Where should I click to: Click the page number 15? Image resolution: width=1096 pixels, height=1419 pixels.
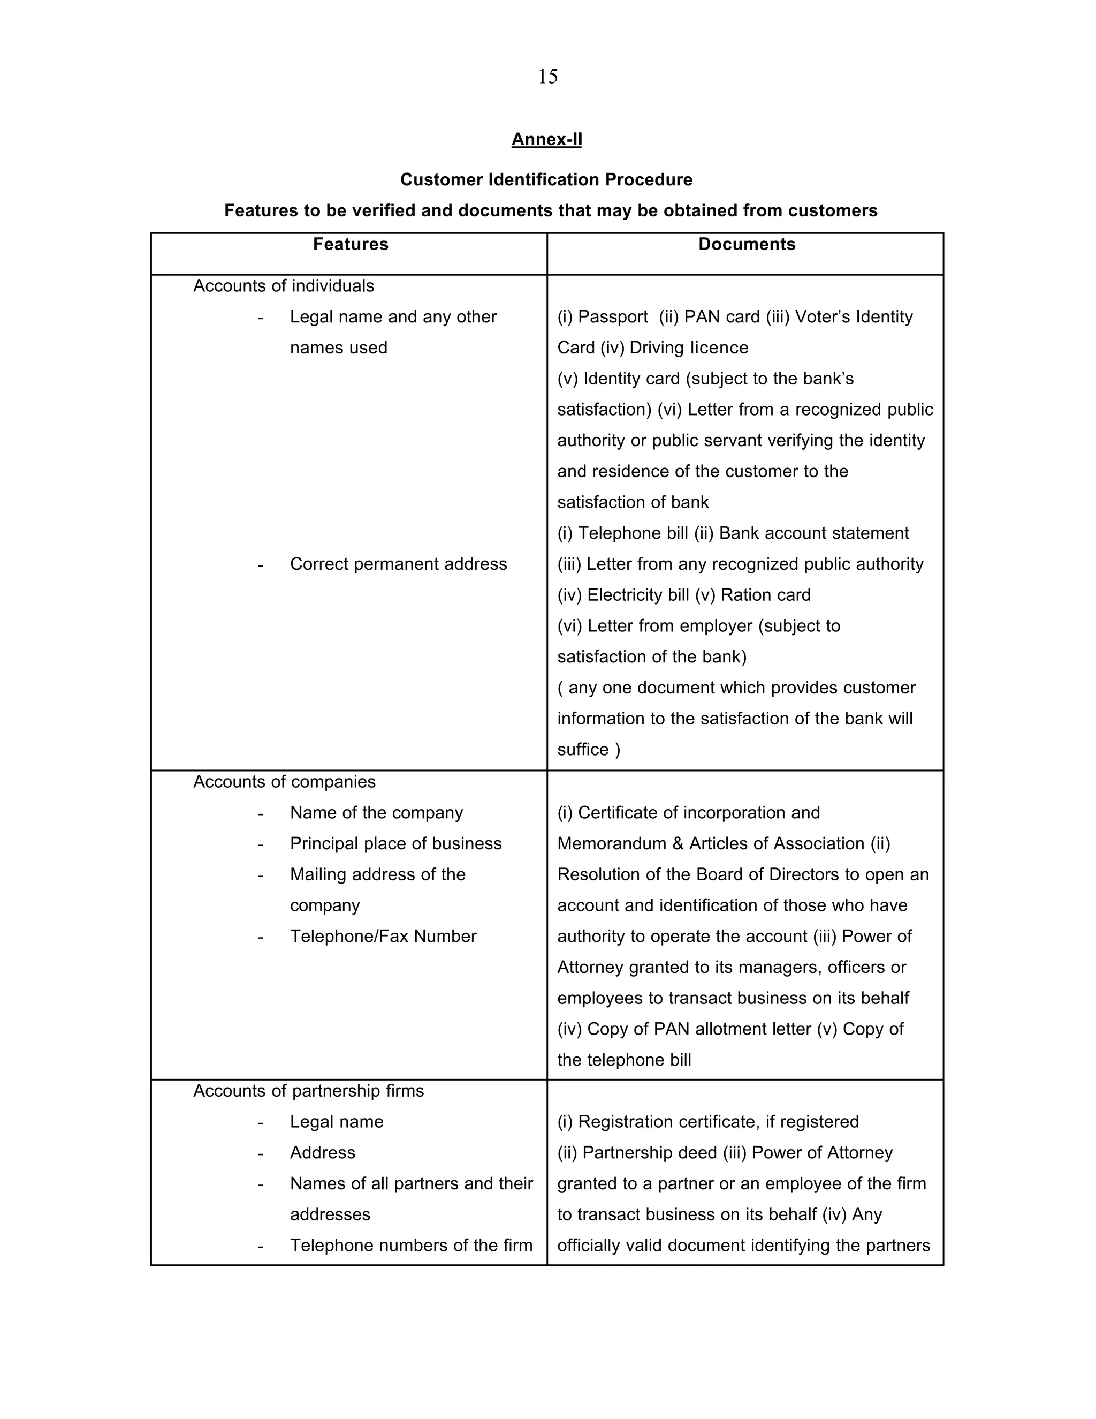coord(547,77)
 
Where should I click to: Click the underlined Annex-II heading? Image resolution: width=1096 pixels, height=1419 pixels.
coord(547,139)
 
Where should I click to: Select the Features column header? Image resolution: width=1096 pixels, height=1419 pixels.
coord(351,244)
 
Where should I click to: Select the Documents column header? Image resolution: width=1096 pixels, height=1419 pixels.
coord(747,244)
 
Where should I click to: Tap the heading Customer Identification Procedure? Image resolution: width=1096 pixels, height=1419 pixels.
coord(546,179)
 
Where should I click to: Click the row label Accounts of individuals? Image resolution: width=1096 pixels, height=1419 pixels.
coord(284,286)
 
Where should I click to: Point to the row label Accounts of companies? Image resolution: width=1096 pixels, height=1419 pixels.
coord(284,782)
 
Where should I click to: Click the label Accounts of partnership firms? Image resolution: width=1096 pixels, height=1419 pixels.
coord(308,1091)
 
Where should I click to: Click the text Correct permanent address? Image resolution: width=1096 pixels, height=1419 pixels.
coord(398,564)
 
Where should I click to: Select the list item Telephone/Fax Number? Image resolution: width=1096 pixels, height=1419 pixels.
coord(383,936)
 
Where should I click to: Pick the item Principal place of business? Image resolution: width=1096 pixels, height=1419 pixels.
coord(395,843)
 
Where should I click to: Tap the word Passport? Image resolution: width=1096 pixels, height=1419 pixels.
coord(612,317)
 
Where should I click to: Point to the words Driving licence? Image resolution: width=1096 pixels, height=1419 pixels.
coord(689,348)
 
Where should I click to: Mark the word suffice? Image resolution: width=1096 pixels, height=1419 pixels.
coord(582,750)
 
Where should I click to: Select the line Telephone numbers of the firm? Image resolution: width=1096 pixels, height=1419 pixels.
coord(411,1246)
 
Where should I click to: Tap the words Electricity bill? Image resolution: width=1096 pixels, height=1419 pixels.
coord(637,595)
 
